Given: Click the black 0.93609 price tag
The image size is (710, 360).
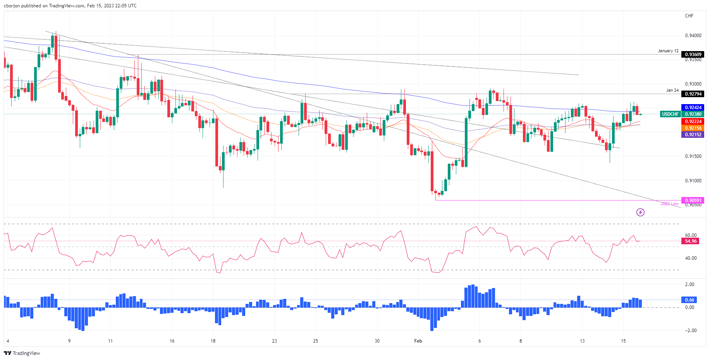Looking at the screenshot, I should point(693,55).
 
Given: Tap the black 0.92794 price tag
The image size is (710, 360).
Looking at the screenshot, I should point(693,94).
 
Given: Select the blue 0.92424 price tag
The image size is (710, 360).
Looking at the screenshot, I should point(693,108).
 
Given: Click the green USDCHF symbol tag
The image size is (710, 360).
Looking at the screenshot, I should point(670,114).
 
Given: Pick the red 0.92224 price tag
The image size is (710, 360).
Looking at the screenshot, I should point(693,122).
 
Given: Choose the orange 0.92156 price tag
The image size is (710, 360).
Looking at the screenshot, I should point(693,128).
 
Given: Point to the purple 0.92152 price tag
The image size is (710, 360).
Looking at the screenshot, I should point(693,135).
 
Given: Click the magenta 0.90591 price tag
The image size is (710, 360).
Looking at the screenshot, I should point(693,201).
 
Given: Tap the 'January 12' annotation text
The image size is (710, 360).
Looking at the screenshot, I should point(668,51).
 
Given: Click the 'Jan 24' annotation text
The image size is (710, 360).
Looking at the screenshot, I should point(672,90).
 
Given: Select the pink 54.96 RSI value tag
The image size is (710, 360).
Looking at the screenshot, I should point(691,241).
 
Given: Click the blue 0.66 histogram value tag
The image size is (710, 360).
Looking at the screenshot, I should point(689,300).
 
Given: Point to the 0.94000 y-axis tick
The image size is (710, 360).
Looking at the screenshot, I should point(693,36).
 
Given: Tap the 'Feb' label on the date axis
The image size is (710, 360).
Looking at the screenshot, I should point(418,341).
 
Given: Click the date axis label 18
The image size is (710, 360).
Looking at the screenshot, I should point(213,341).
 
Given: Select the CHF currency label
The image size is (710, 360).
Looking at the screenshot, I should point(689,16).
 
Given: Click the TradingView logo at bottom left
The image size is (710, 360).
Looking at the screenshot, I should point(22,353).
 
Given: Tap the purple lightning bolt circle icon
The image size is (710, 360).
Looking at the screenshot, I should point(640,212).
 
